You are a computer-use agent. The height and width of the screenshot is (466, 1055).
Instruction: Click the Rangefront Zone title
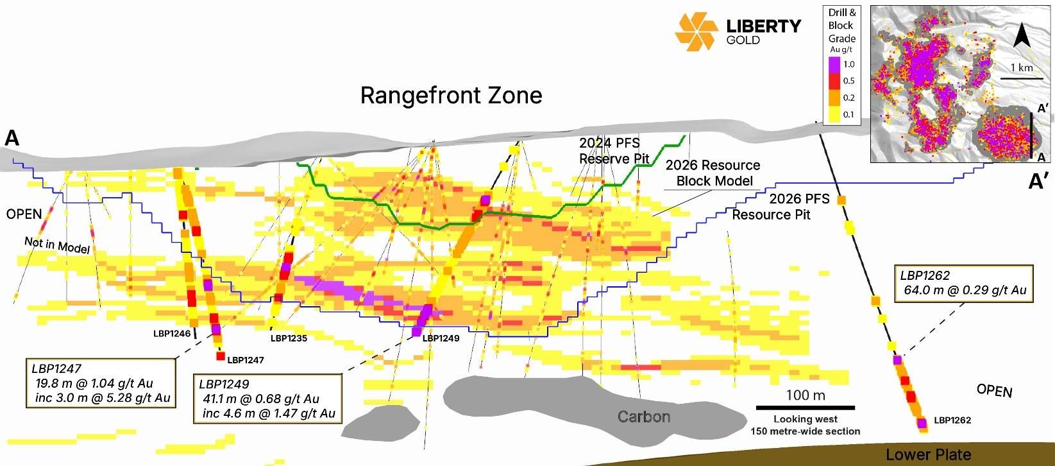451,96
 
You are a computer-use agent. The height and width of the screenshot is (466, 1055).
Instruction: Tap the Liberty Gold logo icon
696,31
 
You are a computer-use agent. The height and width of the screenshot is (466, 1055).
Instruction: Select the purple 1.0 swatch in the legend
834,64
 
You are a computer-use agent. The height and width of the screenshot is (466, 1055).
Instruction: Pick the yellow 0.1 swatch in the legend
834,114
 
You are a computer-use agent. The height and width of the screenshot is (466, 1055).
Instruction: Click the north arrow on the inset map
1022,36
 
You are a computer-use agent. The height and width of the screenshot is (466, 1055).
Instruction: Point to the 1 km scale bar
1022,78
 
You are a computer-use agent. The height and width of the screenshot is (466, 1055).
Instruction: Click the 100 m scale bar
806,407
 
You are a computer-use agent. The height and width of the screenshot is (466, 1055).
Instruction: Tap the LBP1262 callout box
963,283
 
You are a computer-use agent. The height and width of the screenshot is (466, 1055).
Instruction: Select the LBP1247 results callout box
101,383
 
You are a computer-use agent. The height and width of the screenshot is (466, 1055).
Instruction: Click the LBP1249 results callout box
267,399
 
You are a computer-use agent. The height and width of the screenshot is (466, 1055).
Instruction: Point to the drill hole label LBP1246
172,334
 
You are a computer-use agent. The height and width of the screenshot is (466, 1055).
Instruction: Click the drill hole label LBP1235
289,338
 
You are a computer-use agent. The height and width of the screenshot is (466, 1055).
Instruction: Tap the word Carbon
643,417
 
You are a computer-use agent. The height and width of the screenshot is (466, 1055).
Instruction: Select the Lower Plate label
928,455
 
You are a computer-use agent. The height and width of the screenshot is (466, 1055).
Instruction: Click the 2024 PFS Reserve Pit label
614,151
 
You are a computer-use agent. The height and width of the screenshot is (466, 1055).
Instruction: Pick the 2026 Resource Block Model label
713,173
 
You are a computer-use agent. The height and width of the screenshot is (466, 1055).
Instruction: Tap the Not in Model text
57,245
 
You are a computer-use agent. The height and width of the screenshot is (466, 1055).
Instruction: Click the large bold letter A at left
12,138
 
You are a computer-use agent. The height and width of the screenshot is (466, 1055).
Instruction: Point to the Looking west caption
806,419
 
